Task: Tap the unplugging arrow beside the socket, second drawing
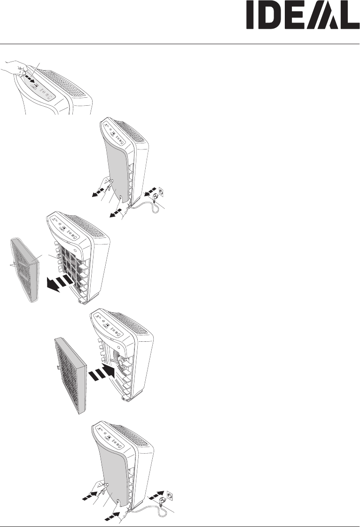[x=150, y=193]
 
